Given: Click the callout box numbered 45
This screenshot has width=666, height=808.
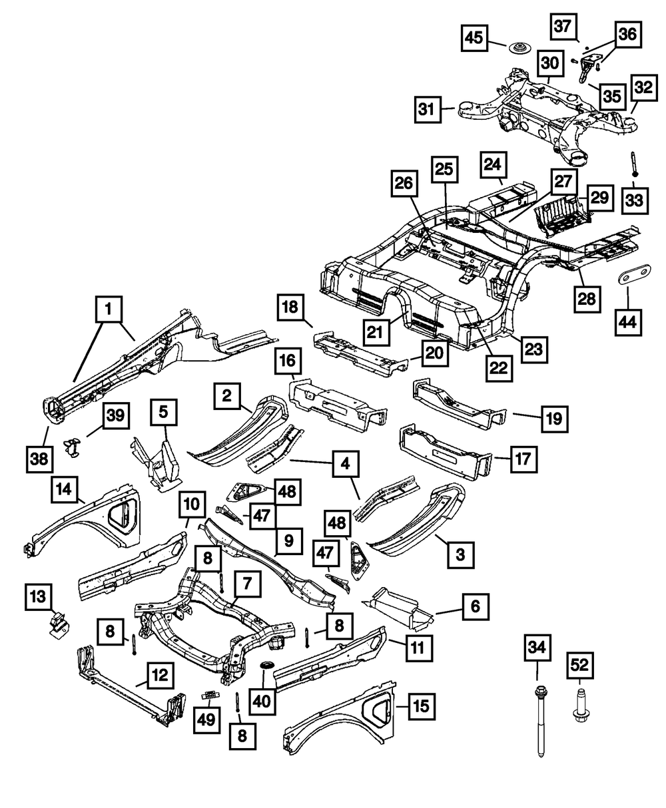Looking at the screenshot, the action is click(474, 38).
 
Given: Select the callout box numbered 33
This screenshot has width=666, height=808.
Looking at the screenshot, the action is click(635, 200).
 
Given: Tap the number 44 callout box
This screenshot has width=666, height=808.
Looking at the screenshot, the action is click(628, 322).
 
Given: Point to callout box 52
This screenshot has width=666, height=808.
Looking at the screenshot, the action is click(579, 666).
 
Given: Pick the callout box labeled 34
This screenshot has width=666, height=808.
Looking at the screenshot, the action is click(537, 648).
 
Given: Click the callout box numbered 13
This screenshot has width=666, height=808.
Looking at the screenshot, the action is click(39, 597).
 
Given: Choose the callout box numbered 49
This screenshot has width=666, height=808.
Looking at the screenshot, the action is click(206, 720).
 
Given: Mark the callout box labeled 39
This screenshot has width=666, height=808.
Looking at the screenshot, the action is click(116, 415).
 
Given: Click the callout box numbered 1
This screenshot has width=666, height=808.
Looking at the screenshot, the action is click(109, 309).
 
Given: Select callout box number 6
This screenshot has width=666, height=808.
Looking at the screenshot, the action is click(476, 606).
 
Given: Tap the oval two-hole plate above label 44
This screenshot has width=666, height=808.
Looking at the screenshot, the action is click(634, 275).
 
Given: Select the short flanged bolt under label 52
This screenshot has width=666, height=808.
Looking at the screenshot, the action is click(579, 707).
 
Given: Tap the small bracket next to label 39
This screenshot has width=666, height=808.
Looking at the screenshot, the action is click(72, 447).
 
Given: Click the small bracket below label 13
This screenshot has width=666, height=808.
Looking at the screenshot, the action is click(59, 626).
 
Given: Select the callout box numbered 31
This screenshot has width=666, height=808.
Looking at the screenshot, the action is click(428, 110).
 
